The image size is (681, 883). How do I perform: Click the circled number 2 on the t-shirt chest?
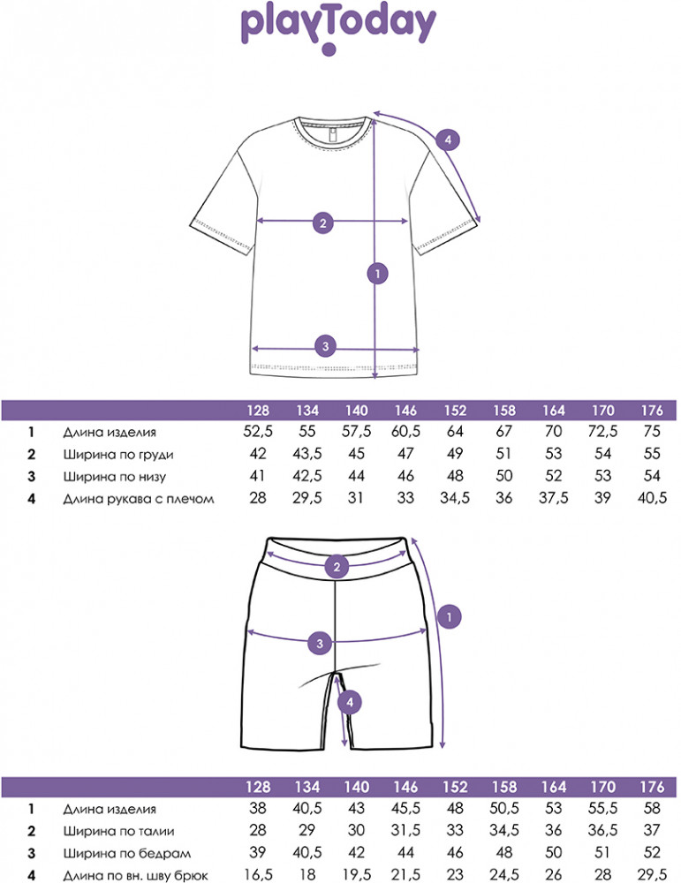point(323,223)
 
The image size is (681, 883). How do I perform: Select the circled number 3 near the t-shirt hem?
point(325,346)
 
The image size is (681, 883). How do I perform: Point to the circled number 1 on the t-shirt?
point(377,275)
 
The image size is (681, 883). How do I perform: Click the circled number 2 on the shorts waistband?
point(336,567)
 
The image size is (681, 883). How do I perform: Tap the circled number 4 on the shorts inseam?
point(351,702)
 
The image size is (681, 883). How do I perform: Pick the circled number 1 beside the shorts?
point(450,617)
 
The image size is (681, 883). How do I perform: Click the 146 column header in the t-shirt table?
point(406,411)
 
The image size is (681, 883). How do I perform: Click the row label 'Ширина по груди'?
point(118,455)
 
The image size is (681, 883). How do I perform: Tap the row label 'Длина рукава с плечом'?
point(139,499)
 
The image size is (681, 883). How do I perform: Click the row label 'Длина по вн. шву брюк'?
point(135,875)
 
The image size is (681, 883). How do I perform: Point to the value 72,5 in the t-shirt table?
point(603,433)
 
